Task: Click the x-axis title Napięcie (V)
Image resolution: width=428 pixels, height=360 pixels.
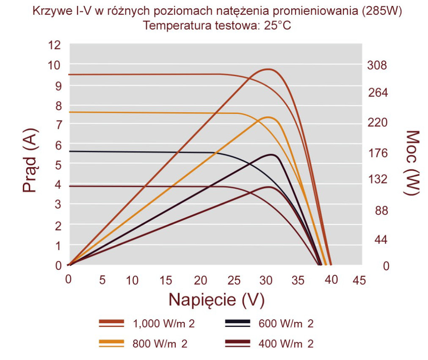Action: [x=216, y=300]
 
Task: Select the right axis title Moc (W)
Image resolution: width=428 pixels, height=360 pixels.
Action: [x=411, y=163]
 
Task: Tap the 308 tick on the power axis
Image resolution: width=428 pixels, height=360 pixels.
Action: [x=377, y=65]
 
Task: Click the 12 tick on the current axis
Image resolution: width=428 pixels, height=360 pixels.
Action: [x=54, y=45]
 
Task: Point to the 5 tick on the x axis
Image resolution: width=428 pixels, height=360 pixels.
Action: [x=102, y=280]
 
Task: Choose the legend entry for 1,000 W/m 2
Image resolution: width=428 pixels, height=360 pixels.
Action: [x=146, y=324]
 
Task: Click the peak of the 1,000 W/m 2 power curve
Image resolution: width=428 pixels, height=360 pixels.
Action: [x=268, y=69]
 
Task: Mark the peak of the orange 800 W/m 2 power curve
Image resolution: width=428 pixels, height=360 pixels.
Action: [x=268, y=117]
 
